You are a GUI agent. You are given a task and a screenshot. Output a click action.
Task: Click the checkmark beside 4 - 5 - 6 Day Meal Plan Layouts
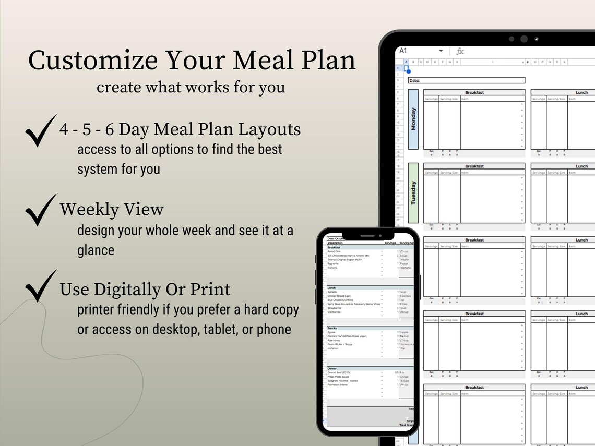tap(40, 131)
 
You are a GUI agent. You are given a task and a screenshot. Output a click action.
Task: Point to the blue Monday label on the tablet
tap(413, 119)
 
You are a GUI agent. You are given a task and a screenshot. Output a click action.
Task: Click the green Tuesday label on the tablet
tap(413, 192)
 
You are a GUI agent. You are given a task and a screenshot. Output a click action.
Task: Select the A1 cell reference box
tap(403, 51)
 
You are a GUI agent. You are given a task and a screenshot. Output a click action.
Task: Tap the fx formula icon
tap(460, 51)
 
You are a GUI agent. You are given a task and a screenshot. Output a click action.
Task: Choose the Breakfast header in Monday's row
tap(474, 92)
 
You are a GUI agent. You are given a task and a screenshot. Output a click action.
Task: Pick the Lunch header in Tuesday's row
tap(581, 166)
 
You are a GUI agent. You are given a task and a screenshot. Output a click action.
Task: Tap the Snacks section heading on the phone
tap(332, 328)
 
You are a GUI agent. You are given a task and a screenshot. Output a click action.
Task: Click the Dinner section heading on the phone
tap(332, 368)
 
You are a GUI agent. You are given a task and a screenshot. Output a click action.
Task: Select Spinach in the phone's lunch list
tap(332, 292)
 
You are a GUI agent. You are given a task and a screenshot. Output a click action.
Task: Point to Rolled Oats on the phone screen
tap(334, 251)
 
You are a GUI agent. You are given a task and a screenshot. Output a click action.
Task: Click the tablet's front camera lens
tap(523, 39)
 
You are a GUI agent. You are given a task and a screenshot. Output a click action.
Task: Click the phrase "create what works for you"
tap(191, 87)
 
